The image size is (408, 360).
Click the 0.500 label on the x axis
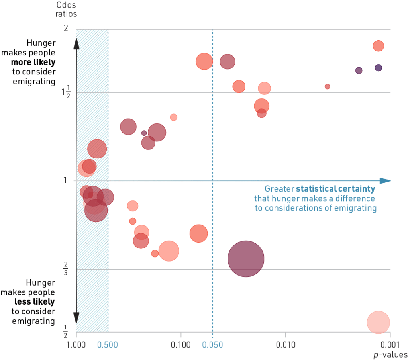coord(108,344)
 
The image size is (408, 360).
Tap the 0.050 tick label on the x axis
coord(212,344)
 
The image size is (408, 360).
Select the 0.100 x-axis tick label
coord(181,344)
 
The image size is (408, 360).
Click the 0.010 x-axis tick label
coord(286,344)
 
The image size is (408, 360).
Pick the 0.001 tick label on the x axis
coord(390,344)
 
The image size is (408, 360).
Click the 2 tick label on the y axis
coord(66,28)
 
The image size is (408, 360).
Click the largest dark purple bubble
coord(246,258)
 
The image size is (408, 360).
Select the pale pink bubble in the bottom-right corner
coord(378,322)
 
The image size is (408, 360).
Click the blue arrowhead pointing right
coord(385,180)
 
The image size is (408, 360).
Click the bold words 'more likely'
coord(33,62)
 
